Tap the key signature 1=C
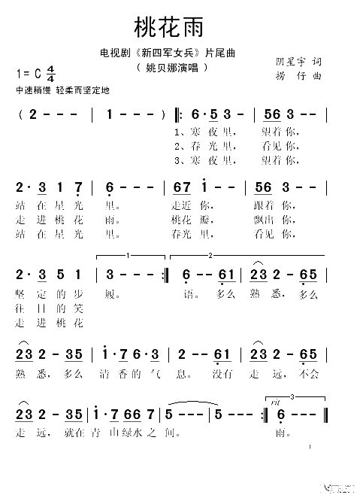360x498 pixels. [27, 74]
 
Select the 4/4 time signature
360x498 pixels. [50, 74]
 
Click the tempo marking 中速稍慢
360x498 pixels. [29, 90]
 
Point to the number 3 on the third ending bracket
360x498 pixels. [291, 396]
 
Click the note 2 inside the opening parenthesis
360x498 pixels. [34, 114]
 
